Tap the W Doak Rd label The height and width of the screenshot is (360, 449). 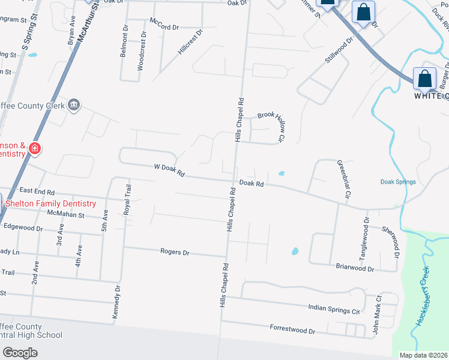click(169, 172)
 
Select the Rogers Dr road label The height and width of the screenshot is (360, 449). click(175, 253)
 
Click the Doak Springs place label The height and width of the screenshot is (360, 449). click(398, 182)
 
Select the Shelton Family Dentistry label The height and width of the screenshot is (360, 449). click(50, 203)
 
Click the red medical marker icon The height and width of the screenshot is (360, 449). click(34, 148)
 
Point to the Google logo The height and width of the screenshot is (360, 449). click(20, 353)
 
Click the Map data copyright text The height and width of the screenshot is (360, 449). click(423, 355)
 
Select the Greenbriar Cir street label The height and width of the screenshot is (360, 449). click(344, 178)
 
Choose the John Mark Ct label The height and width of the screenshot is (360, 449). click(378, 314)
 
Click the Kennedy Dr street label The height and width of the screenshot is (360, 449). click(118, 301)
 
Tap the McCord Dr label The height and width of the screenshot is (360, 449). click(164, 27)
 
